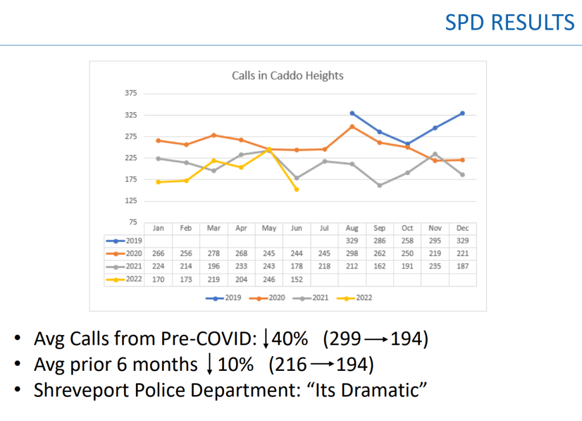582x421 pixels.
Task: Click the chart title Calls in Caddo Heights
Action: (x=287, y=75)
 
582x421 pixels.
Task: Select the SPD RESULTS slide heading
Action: (x=510, y=23)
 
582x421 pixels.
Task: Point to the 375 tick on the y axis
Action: (x=131, y=93)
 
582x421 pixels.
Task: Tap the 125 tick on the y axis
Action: (x=131, y=201)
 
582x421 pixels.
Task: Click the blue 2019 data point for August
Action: (x=352, y=113)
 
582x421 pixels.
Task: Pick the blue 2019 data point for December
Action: (x=463, y=113)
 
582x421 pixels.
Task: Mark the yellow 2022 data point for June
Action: (x=296, y=189)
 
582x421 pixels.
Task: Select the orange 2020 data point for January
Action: (x=158, y=140)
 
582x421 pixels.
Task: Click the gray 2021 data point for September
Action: (x=379, y=185)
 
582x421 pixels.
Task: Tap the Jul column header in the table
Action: (x=324, y=228)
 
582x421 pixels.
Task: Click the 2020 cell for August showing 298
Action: (x=352, y=254)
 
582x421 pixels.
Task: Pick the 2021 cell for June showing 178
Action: (x=296, y=267)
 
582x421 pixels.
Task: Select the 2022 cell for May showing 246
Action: (x=269, y=279)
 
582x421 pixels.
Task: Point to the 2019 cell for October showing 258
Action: (x=407, y=241)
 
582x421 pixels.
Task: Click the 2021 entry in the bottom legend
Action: (x=313, y=297)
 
